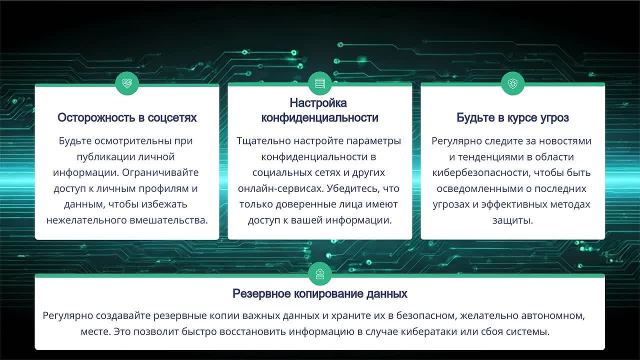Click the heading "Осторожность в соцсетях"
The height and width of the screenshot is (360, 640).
(x=127, y=118)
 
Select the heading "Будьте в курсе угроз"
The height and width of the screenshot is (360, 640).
(x=512, y=118)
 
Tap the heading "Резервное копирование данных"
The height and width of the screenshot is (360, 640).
(x=320, y=293)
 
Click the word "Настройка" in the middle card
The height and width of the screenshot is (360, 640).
(x=318, y=103)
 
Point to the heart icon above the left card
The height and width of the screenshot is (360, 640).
(x=127, y=83)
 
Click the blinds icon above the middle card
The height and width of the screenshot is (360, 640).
(x=320, y=83)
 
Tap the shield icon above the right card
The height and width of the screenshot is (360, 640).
(x=512, y=83)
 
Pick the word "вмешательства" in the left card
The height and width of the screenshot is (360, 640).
(x=170, y=220)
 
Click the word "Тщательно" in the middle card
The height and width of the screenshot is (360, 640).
(x=260, y=141)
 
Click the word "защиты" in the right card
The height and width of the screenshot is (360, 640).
(x=512, y=220)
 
